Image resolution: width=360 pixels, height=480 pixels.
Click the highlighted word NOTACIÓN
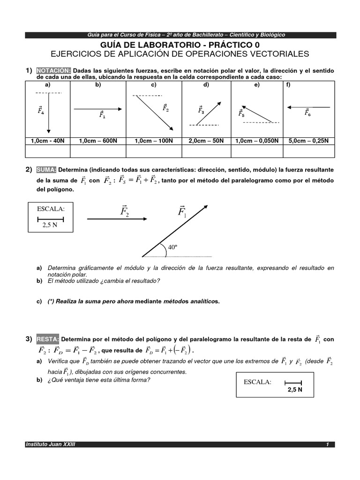pos(53,70)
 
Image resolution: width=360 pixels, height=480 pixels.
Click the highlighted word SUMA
pos(47,169)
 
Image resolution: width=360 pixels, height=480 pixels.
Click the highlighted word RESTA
pos(49,339)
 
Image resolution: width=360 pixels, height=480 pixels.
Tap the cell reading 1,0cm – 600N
pos(98,140)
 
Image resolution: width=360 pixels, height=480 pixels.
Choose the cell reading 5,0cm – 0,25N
pos(309,140)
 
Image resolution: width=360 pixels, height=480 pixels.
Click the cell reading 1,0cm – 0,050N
pos(257,140)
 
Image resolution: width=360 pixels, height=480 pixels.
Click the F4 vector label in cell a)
pos(41,111)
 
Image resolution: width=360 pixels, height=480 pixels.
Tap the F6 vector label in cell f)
pos(307,112)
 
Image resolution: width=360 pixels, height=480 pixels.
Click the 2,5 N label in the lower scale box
pos(295,389)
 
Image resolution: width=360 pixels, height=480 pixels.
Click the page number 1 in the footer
pos(328,444)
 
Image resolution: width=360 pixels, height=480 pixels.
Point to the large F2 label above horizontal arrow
pos(124,212)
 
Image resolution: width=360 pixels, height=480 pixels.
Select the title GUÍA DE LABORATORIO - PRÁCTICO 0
pos(180,45)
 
